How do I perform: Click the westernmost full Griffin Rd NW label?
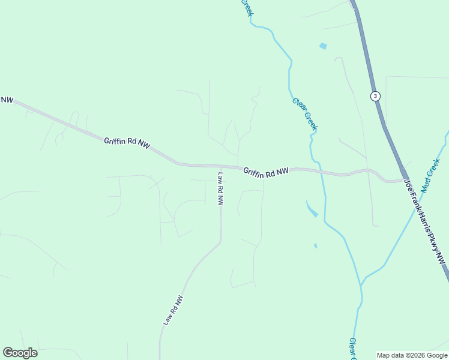click(127, 142)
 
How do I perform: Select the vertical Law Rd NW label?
click(220, 189)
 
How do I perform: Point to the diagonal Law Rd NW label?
click(173, 310)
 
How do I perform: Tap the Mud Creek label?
click(430, 175)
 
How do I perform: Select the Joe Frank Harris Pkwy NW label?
click(426, 221)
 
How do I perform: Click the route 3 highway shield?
click(375, 96)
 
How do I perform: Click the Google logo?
click(20, 353)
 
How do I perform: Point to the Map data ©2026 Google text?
click(411, 355)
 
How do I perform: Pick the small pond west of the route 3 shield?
click(324, 46)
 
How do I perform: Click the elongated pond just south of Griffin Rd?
click(312, 209)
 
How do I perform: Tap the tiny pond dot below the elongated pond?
click(315, 245)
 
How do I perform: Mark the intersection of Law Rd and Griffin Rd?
click(221, 166)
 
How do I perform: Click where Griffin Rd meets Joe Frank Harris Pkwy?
click(404, 179)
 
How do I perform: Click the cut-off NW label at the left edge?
click(7, 100)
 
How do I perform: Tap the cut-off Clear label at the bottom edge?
click(353, 349)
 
